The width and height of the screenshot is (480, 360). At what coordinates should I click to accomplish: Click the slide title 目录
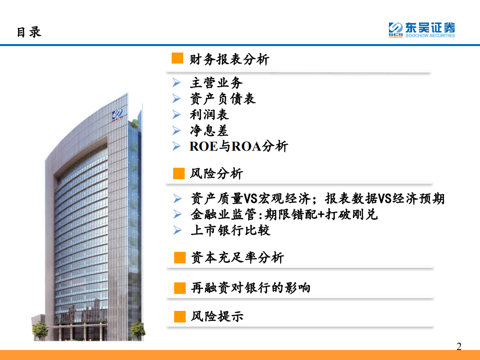tap(29, 32)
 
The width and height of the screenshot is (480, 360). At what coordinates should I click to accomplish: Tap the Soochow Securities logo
tap(422, 30)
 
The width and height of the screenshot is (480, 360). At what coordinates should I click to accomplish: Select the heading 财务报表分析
tap(230, 60)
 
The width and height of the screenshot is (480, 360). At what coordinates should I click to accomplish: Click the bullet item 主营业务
tap(216, 83)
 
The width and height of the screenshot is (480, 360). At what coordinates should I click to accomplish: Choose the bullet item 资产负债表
tap(223, 99)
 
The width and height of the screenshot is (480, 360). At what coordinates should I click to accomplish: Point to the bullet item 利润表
tap(209, 115)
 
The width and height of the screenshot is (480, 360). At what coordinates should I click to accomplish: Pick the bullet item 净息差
tap(209, 131)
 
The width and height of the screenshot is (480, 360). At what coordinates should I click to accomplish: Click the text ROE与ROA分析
tap(239, 147)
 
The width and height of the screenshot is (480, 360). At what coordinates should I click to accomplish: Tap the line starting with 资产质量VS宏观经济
tap(317, 199)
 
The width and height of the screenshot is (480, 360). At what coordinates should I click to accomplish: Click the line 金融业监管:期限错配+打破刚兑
tap(284, 214)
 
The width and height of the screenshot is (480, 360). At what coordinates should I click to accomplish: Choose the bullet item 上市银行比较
tap(230, 230)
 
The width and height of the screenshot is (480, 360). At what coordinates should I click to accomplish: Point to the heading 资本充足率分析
tap(237, 258)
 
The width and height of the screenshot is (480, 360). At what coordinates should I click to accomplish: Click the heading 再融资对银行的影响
tap(251, 288)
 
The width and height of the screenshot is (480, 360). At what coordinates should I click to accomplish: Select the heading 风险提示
tap(217, 316)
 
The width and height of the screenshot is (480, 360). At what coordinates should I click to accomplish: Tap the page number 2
tap(459, 346)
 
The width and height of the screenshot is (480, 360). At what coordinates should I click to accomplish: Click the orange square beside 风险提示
tap(180, 316)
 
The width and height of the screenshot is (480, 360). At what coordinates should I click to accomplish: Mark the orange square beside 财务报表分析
tap(178, 59)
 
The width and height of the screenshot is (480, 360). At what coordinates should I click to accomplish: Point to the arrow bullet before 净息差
tap(176, 131)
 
